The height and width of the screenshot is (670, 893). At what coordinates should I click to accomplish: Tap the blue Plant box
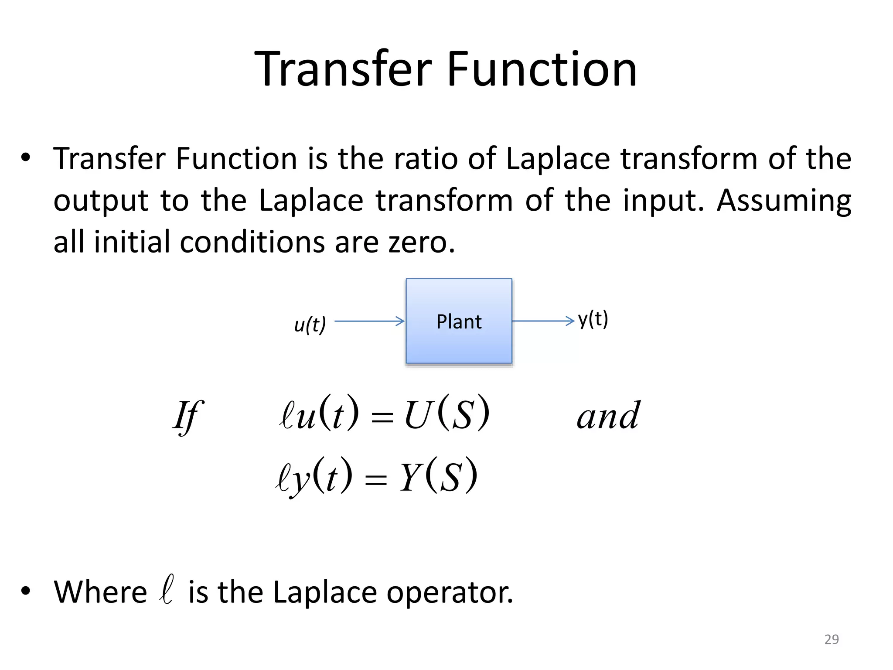(459, 321)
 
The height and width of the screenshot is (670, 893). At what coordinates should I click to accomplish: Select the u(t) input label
(310, 325)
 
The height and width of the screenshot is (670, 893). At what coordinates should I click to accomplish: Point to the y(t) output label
(593, 320)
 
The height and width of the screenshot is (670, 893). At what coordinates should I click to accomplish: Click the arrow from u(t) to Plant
(369, 321)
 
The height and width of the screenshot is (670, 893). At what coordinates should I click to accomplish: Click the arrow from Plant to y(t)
(543, 321)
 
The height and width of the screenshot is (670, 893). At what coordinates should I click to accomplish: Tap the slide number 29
(832, 639)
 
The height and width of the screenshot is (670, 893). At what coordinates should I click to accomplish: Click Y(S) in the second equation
(438, 476)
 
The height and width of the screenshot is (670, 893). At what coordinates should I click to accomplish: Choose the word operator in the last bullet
(450, 593)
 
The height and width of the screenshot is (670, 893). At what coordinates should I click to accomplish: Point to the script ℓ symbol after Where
(167, 590)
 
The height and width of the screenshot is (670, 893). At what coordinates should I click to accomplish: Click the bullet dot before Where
(26, 591)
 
